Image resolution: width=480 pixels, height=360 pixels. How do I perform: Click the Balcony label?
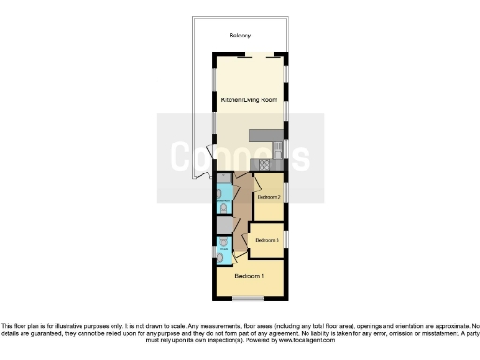pos(240,37)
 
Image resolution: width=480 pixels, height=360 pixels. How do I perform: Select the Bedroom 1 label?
pos(249,277)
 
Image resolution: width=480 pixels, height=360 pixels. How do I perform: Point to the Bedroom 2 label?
pos(269,198)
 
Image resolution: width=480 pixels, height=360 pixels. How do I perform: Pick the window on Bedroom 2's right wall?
pos(286,192)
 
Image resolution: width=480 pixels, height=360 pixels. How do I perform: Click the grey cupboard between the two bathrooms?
pos(223,225)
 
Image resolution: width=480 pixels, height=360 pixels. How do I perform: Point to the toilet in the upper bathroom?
pos(223,207)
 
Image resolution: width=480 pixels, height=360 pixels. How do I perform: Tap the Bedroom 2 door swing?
pos(255,185)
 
